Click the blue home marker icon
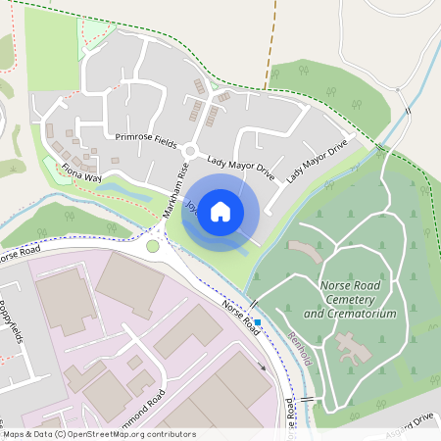point(220,211)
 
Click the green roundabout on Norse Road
point(153,245)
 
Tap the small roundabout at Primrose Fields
point(191,150)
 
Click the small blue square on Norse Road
point(258,321)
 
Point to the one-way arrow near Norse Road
point(262,367)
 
